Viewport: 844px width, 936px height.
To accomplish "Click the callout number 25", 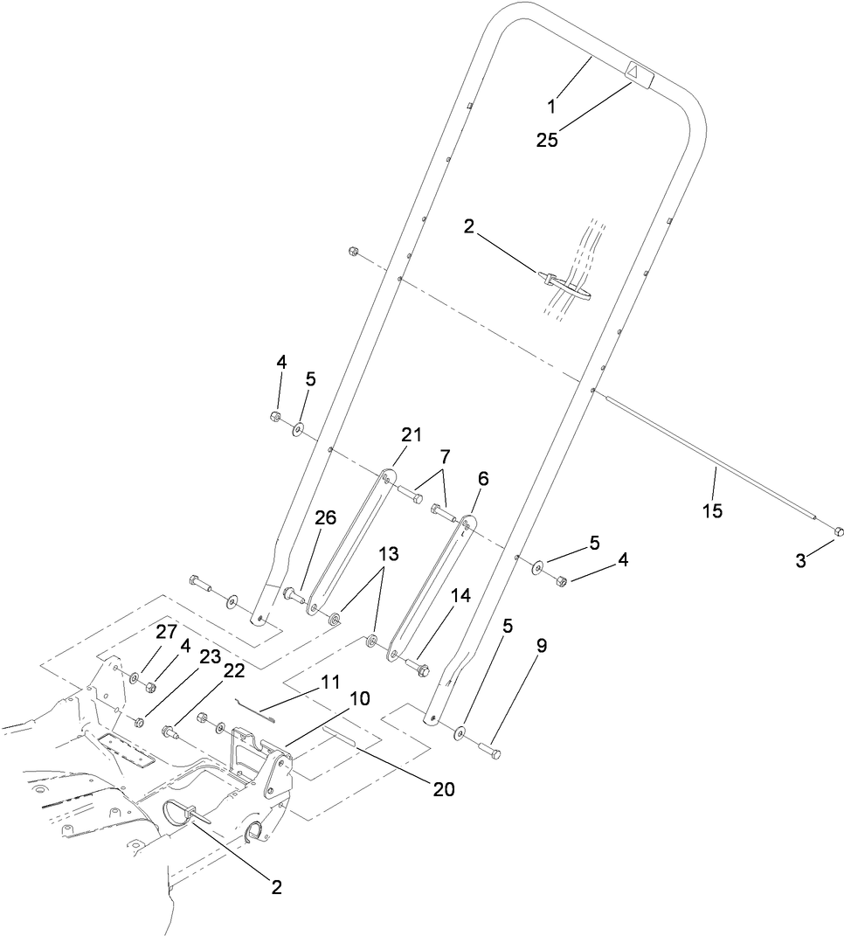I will (547, 139).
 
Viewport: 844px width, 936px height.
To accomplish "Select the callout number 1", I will (552, 106).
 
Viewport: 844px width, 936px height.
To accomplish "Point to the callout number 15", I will (713, 510).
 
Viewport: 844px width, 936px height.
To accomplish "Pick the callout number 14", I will (461, 595).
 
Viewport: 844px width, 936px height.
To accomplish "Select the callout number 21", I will (412, 434).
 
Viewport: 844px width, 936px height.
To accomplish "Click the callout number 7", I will (446, 456).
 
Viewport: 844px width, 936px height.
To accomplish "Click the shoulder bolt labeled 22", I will (170, 731).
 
